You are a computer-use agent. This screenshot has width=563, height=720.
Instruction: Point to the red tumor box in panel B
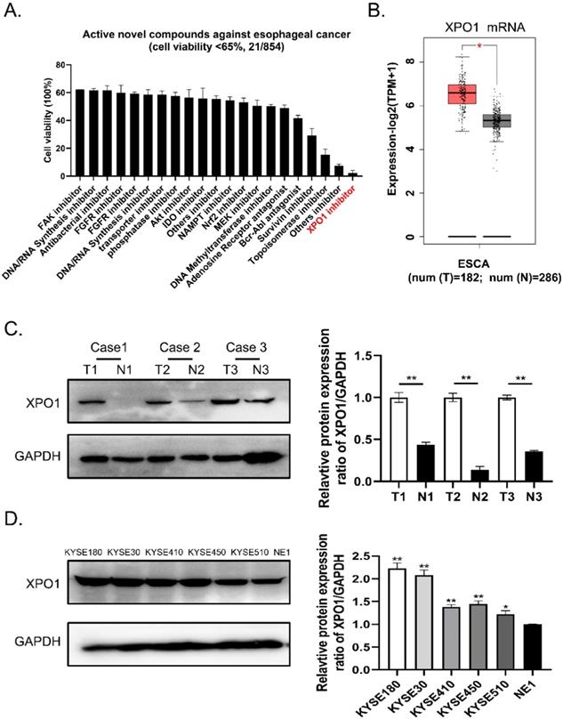461,93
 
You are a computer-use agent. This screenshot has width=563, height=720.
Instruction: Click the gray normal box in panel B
496,121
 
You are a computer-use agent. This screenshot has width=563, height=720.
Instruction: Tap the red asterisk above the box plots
480,42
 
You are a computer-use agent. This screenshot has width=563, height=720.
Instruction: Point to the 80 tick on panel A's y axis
59,66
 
